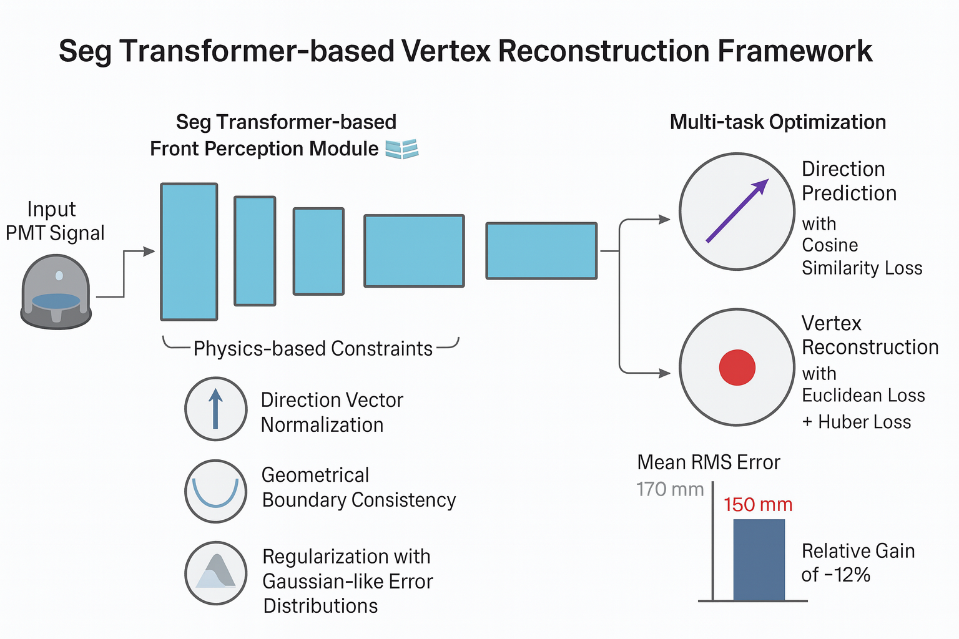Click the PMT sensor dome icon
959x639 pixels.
click(56, 292)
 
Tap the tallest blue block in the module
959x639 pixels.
click(189, 251)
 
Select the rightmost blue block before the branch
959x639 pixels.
click(541, 251)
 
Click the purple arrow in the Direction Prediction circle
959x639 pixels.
click(737, 210)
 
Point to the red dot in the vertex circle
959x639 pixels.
click(737, 367)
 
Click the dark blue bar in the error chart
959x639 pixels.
click(759, 560)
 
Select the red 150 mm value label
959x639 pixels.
click(758, 504)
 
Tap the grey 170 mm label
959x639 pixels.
click(670, 489)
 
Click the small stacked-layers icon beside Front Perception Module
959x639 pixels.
click(401, 149)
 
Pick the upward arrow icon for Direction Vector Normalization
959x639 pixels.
click(216, 409)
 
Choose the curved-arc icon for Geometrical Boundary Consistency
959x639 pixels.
click(216, 492)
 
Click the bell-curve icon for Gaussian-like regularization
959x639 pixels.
click(216, 573)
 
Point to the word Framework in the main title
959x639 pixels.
click(795, 51)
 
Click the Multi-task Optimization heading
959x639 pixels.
click(777, 122)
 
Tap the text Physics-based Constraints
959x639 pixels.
click(313, 348)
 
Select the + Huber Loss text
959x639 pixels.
click(856, 422)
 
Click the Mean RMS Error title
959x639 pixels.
click(709, 462)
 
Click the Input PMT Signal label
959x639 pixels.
click(55, 221)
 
